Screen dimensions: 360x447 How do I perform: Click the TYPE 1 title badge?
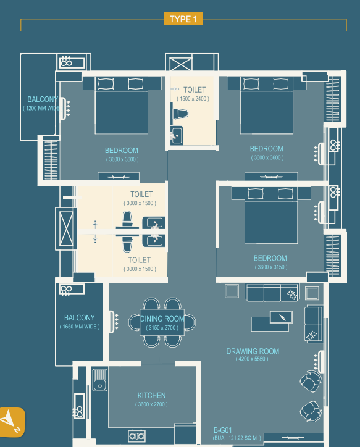click(183, 19)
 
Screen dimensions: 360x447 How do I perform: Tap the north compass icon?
click(11, 422)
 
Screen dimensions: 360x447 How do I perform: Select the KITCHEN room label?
click(151, 395)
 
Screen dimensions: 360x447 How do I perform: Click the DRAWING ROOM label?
click(253, 351)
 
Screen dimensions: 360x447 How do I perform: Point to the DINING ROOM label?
click(162, 319)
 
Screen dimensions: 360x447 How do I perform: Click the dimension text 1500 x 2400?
click(193, 99)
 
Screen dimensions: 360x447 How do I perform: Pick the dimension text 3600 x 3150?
click(271, 267)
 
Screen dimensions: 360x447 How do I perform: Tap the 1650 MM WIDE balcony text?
click(80, 327)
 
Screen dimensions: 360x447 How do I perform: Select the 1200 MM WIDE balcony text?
click(42, 108)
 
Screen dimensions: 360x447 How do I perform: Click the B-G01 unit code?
click(223, 430)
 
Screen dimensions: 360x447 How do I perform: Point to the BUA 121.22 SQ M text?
click(237, 438)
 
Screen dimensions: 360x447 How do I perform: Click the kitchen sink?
click(99, 380)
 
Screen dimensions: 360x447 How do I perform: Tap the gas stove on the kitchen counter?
click(136, 436)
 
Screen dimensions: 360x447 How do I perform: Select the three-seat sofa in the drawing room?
click(272, 292)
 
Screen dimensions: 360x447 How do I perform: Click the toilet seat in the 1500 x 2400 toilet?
click(180, 114)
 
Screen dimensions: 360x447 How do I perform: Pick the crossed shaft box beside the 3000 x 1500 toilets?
click(66, 229)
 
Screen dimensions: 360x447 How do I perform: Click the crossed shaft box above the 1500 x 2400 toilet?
click(181, 64)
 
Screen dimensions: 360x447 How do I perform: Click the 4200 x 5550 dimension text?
click(252, 359)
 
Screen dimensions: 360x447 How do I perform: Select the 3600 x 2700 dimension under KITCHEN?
click(151, 404)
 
